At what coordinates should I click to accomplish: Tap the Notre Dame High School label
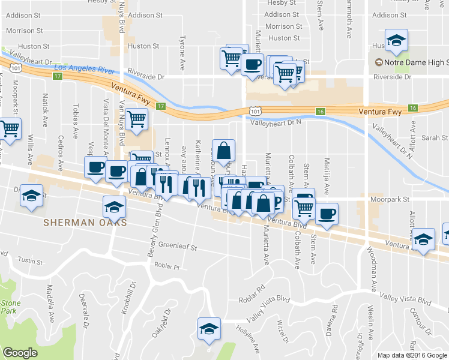[x=415, y=62]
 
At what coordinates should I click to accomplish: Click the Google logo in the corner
[x=20, y=352]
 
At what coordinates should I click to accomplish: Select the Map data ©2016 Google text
[x=412, y=355]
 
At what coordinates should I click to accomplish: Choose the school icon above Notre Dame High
[x=396, y=41]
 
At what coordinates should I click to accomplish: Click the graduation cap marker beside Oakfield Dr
[x=209, y=329]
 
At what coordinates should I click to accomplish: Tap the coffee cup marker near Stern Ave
[x=327, y=214]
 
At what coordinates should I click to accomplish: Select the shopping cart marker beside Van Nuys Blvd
[x=136, y=119]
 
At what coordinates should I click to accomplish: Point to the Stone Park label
[x=8, y=307]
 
